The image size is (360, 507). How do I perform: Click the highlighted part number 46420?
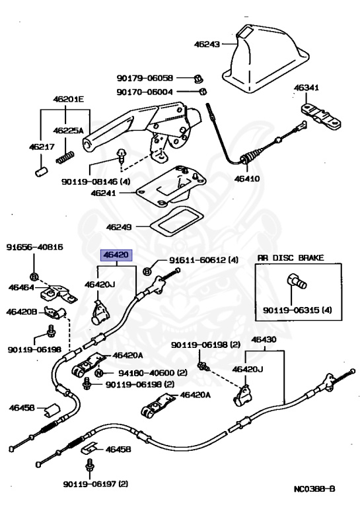coord(116,255)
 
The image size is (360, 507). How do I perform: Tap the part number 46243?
coord(207,44)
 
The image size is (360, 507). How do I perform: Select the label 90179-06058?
coord(145,78)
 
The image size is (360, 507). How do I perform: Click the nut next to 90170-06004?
coord(203,92)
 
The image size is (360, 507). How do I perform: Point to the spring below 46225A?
coord(65,158)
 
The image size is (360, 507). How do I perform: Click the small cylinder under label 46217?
coord(41,172)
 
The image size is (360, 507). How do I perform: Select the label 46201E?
coord(68,99)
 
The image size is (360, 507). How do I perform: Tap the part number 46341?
coord(306,88)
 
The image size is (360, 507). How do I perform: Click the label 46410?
coord(247,178)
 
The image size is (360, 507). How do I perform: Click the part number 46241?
coord(103,193)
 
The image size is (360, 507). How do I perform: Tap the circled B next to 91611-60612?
coord(147,271)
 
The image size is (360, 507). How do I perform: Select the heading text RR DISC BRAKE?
coord(291,257)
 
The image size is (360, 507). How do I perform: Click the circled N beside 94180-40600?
coord(99,373)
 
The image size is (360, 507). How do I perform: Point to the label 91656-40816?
coord(34,248)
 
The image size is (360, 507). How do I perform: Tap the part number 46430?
coord(264,339)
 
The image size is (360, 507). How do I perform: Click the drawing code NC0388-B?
coord(314,489)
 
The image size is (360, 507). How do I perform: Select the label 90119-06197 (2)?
coord(96,484)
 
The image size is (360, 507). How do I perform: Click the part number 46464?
coord(21,287)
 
